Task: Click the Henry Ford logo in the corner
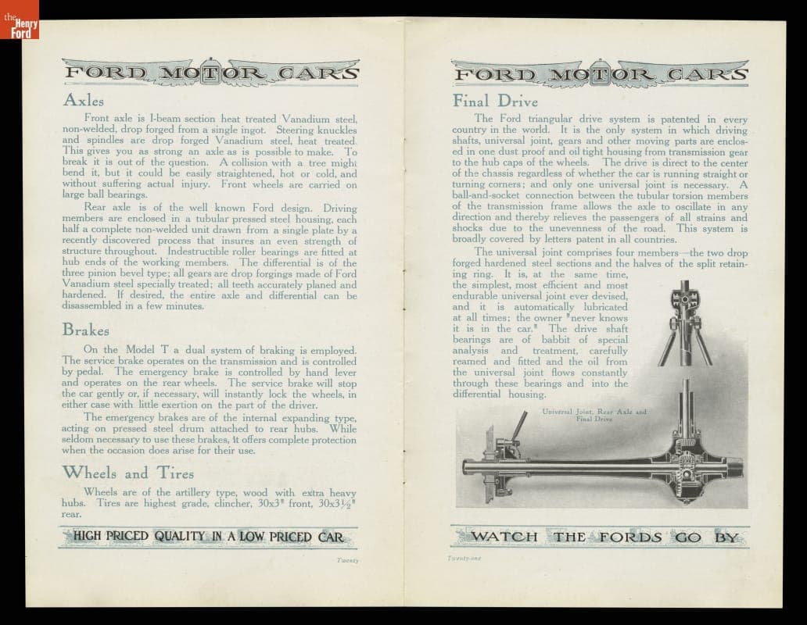[19, 19]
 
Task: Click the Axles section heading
[84, 101]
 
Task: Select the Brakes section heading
[85, 330]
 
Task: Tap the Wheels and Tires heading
[128, 473]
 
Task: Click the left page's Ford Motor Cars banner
[211, 74]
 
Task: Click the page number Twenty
[347, 560]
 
